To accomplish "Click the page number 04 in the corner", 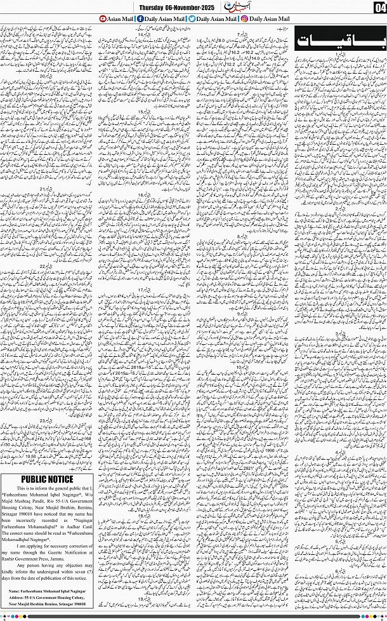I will [379, 7].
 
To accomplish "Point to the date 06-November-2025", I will [199, 7].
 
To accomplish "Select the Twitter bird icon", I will [192, 19].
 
